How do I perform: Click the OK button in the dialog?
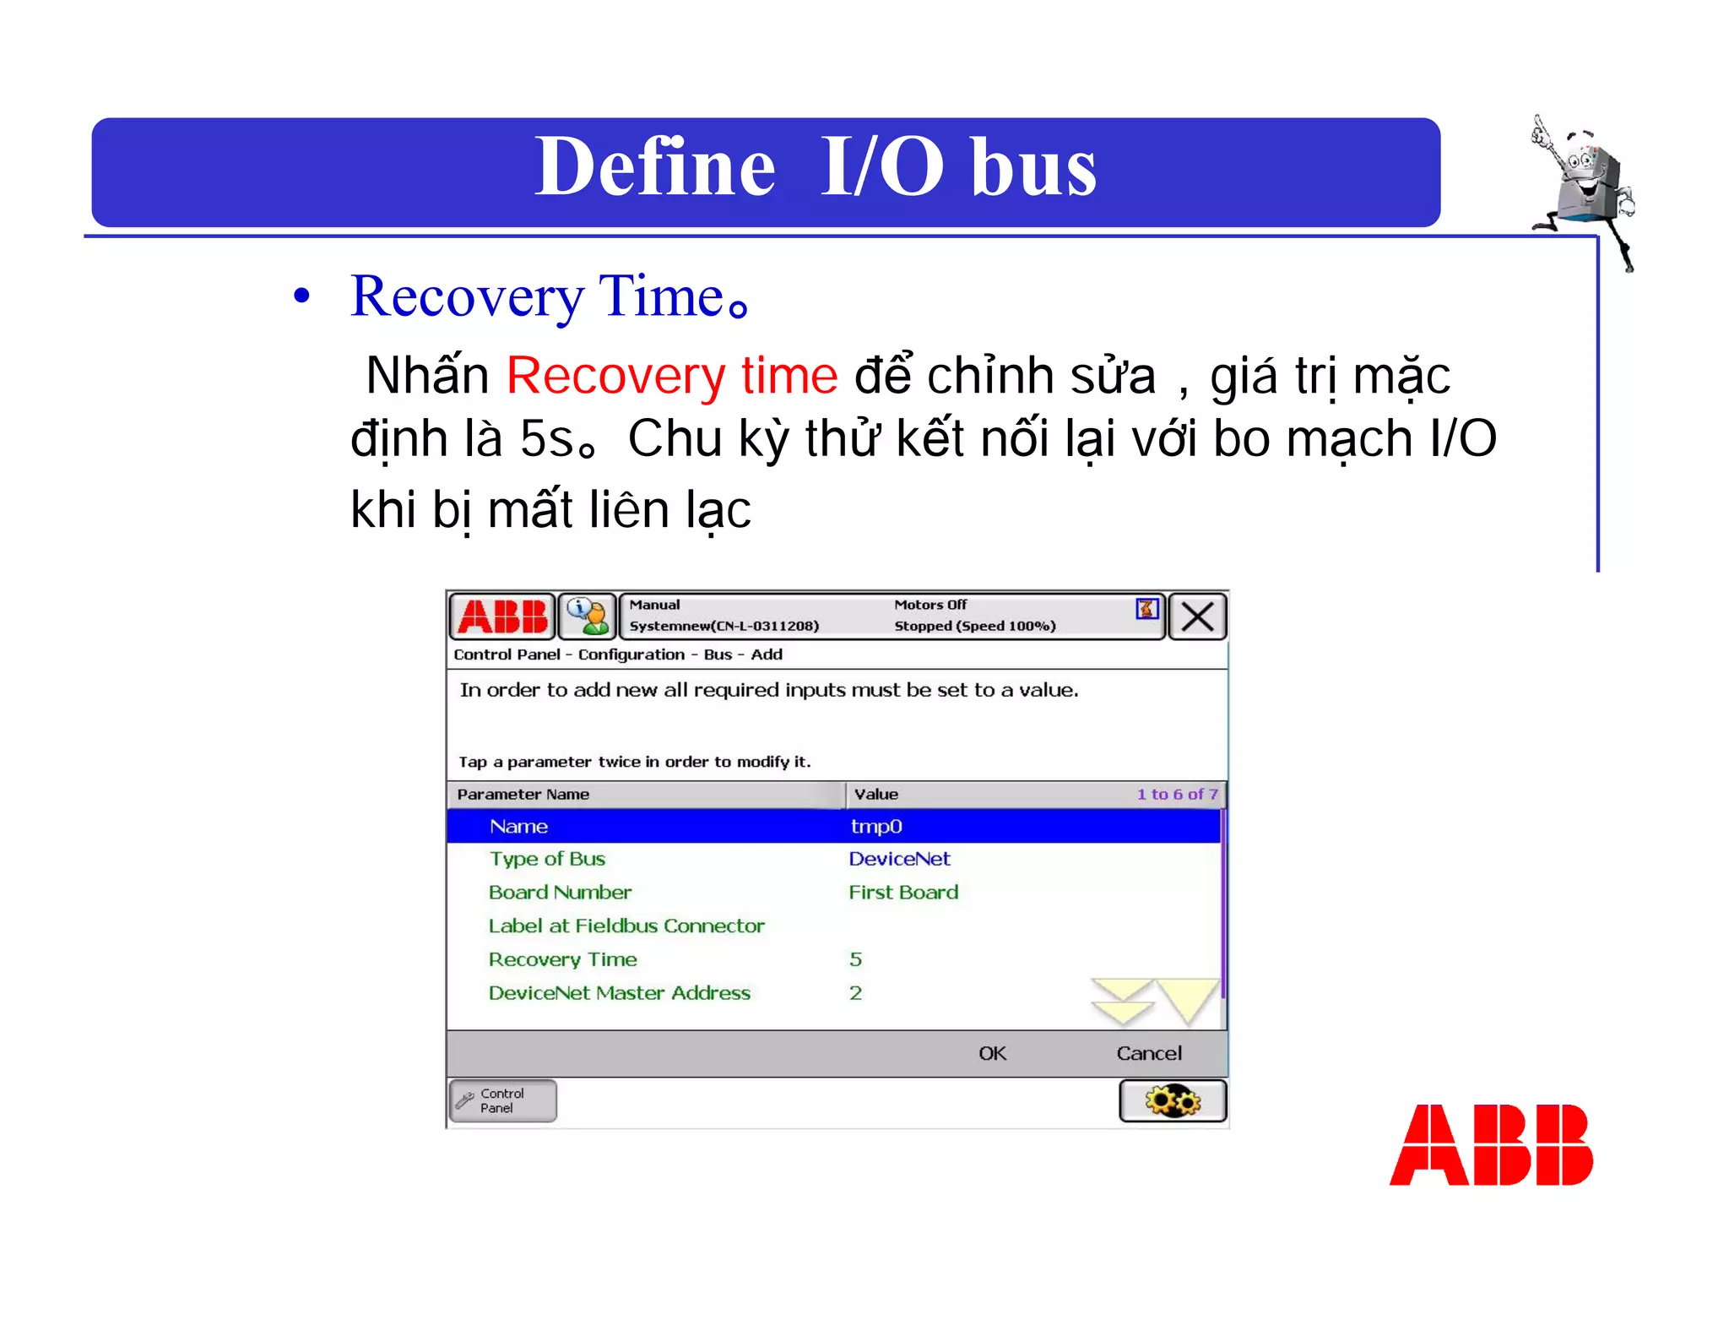992,1053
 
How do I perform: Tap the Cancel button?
1148,1053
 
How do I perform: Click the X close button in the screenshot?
1197,616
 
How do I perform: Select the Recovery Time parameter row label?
562,959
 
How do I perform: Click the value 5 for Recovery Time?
855,959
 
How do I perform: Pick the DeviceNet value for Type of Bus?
899,859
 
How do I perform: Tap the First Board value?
903,893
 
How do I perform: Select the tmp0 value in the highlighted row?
876,826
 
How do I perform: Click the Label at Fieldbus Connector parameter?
626,926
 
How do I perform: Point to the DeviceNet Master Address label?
619,993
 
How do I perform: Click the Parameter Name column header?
523,795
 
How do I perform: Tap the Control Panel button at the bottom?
503,1100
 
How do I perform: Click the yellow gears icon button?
1173,1101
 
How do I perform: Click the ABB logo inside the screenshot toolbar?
503,616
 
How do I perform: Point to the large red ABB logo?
1491,1145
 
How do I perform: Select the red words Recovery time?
672,375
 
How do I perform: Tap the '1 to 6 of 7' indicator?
1177,795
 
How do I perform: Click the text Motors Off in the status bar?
930,605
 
